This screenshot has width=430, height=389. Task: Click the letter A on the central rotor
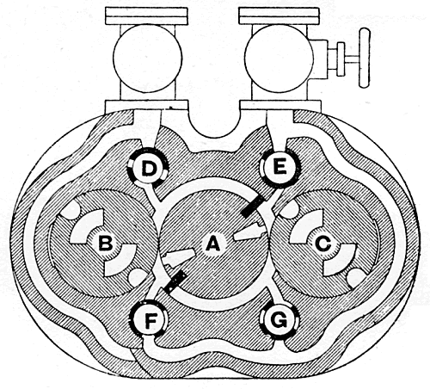(212, 244)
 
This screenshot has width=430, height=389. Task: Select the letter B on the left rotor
(106, 244)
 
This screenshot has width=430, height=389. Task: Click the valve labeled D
(148, 167)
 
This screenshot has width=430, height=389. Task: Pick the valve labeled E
(280, 167)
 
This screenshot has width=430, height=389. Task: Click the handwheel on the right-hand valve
(365, 58)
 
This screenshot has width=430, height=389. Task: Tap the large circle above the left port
(148, 59)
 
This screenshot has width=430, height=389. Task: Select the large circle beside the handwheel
(279, 59)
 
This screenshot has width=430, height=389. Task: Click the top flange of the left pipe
(146, 15)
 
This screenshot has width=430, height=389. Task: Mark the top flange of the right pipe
(279, 15)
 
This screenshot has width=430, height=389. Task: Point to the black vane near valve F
(176, 281)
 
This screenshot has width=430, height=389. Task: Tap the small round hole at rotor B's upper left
(71, 209)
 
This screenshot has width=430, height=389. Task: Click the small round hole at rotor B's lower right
(138, 277)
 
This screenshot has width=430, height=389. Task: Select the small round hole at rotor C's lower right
(356, 278)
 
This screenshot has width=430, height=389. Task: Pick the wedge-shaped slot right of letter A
(249, 232)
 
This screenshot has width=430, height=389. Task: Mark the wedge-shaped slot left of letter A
(178, 256)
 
